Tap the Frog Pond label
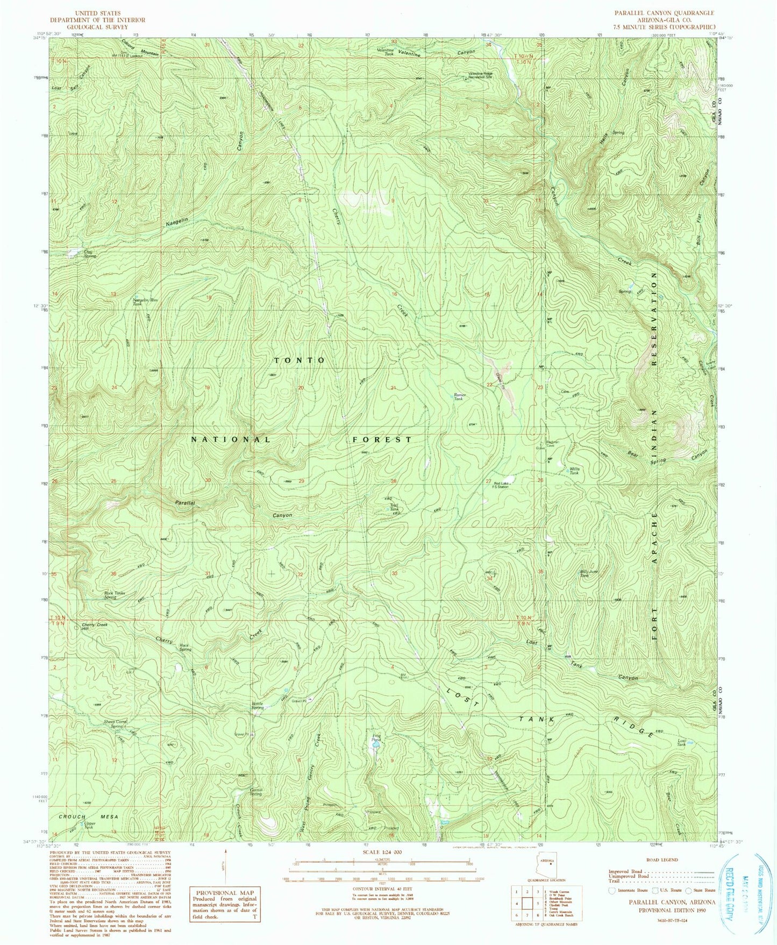[376, 737]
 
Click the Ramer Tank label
[460, 397]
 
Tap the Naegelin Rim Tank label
[142, 302]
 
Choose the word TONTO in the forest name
[300, 360]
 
